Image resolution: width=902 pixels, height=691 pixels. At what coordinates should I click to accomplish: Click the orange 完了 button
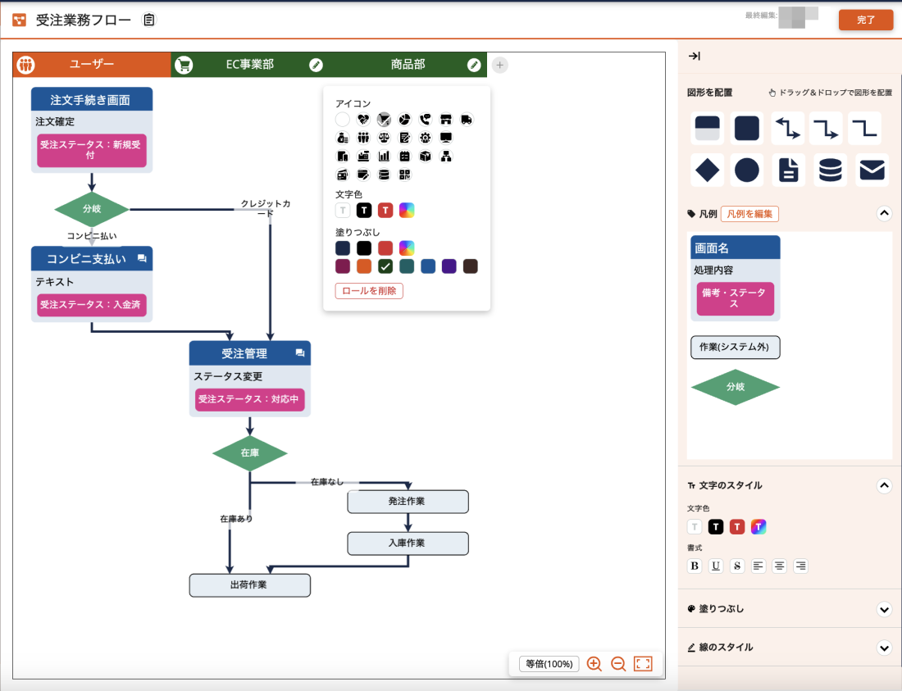tap(865, 20)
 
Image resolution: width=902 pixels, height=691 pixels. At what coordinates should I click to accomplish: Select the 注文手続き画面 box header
tap(91, 100)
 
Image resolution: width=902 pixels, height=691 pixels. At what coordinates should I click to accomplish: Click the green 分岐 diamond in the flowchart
tap(92, 209)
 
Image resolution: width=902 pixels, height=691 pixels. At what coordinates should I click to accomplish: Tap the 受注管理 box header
tap(244, 353)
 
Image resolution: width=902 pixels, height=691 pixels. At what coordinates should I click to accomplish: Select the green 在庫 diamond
tap(249, 452)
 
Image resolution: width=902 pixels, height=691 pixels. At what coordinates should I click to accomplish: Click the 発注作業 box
tap(408, 501)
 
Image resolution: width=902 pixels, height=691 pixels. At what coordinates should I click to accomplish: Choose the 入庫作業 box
tap(408, 543)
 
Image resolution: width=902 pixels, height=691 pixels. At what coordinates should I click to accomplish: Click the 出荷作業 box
tap(249, 585)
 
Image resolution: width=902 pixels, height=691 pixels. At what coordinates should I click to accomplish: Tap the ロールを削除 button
tap(369, 291)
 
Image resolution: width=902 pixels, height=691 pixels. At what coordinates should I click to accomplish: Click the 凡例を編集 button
tap(749, 214)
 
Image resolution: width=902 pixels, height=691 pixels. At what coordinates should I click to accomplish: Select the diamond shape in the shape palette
tap(707, 170)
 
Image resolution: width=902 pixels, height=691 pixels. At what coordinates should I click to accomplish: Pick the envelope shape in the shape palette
tap(872, 170)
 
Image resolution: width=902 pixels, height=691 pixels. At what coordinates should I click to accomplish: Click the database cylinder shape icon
tap(830, 170)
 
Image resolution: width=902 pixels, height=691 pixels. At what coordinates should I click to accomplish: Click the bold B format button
tap(695, 566)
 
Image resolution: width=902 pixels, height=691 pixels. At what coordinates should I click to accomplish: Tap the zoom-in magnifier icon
tap(594, 664)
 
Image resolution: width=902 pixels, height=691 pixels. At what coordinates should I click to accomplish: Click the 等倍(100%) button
tap(549, 664)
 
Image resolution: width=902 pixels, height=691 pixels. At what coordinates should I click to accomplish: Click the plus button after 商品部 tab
tap(500, 65)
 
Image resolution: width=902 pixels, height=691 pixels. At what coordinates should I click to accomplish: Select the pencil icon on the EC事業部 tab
tap(316, 65)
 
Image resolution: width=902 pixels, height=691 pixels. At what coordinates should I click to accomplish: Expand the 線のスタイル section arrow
tap(884, 648)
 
